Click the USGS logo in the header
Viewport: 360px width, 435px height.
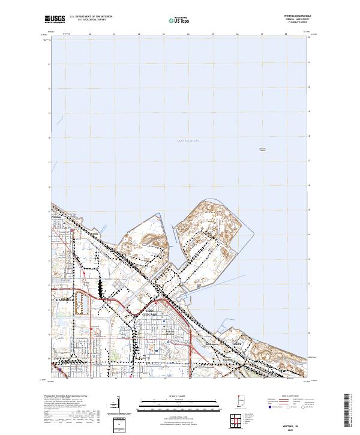[x=55, y=20]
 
